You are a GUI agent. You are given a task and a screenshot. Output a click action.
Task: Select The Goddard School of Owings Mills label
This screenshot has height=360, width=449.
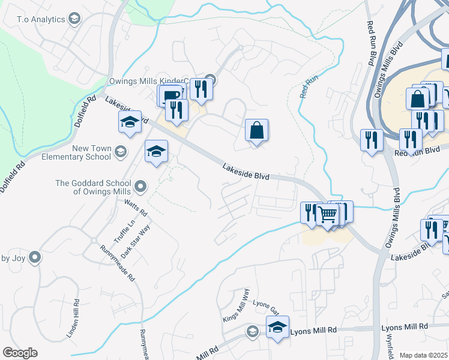[92, 187]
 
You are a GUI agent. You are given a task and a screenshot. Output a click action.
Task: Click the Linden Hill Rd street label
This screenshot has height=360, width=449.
[76, 317]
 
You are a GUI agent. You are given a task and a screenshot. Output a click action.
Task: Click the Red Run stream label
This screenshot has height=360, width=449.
[307, 87]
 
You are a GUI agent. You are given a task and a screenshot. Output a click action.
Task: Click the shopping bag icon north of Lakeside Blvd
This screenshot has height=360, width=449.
[256, 130]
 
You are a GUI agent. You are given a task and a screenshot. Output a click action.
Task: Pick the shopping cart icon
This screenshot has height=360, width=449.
[327, 214]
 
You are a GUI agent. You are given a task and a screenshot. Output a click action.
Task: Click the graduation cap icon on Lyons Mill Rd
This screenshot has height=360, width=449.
[277, 328]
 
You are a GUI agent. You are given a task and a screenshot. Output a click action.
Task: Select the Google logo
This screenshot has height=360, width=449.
[20, 353]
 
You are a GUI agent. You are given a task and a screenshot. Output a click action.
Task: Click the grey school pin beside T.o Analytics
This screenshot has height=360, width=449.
[74, 19]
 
